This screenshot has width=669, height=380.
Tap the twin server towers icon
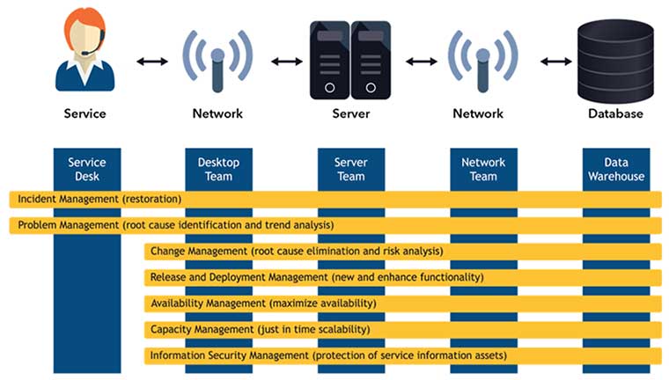click(x=350, y=60)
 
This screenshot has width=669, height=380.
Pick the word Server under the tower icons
click(x=350, y=113)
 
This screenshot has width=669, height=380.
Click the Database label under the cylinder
click(x=615, y=113)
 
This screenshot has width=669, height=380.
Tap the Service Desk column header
click(x=86, y=169)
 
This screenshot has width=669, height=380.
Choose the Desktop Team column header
click(x=218, y=169)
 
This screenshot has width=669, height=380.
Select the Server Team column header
click(x=350, y=169)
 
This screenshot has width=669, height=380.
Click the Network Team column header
click(x=483, y=169)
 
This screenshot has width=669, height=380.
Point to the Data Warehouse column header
click(x=616, y=169)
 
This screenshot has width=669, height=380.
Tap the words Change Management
click(x=199, y=252)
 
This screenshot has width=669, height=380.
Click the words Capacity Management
click(x=202, y=329)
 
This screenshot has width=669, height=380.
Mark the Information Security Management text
click(x=229, y=355)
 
